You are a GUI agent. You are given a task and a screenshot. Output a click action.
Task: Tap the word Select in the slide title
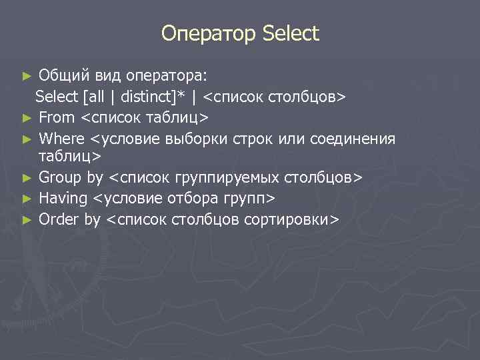click(x=291, y=33)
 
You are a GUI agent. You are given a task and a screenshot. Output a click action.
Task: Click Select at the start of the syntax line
click(x=57, y=97)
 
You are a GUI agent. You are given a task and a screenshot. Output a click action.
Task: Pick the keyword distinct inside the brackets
click(x=146, y=97)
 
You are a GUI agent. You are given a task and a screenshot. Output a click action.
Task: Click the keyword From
click(x=57, y=118)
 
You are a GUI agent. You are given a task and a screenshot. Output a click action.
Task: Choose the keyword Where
click(x=62, y=139)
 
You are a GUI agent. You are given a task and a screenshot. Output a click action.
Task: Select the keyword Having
click(x=63, y=198)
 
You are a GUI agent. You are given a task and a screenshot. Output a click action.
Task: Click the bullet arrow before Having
click(x=27, y=199)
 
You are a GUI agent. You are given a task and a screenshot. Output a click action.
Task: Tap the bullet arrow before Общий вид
click(x=27, y=75)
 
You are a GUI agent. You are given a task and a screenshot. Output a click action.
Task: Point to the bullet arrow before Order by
click(x=27, y=220)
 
